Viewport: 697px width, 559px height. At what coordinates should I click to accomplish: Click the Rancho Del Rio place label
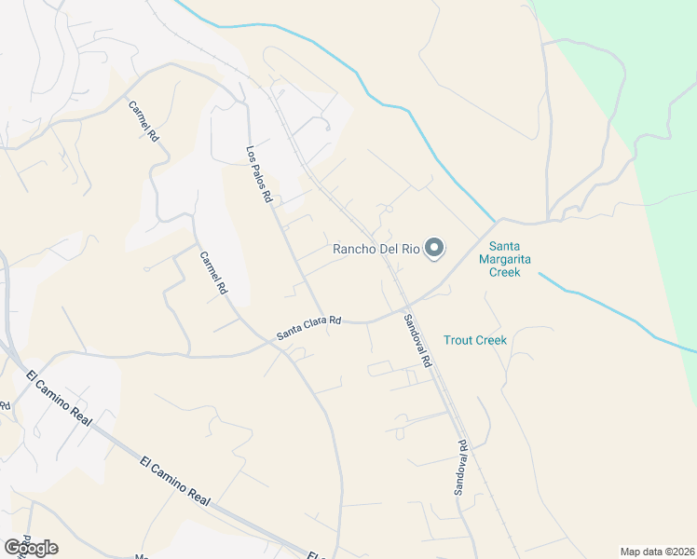coord(377,249)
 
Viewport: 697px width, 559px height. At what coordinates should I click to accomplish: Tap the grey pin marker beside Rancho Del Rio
coord(434,248)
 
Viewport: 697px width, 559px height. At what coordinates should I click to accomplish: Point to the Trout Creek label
coord(475,340)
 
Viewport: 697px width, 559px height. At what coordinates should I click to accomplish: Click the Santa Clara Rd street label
coord(309,328)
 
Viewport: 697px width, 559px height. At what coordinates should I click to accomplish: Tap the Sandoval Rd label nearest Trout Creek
coord(418,340)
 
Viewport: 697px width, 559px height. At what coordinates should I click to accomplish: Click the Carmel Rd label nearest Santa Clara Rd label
coord(213,272)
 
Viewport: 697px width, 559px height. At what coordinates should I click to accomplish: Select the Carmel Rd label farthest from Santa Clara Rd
coord(144,120)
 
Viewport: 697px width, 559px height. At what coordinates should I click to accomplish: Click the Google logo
coord(31,548)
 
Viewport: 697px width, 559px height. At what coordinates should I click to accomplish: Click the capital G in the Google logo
coord(12,548)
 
